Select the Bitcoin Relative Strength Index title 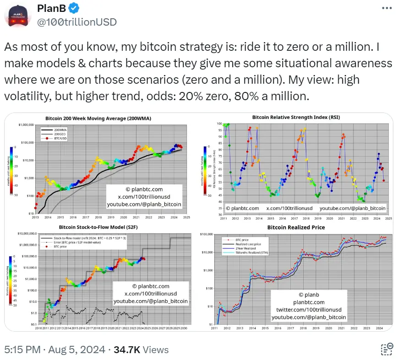coord(296,117)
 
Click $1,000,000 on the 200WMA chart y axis coord(27,125)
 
